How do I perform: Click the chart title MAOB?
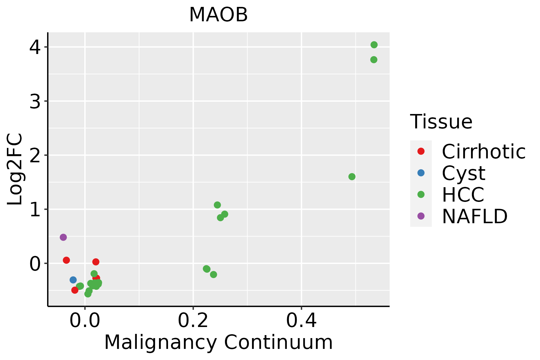click(218, 15)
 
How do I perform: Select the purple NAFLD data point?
click(63, 237)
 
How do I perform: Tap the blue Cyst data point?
click(73, 280)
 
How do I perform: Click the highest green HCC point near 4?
click(374, 45)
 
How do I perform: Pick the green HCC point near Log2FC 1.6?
click(352, 177)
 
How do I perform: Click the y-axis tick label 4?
click(35, 47)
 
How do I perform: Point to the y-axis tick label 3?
click(35, 101)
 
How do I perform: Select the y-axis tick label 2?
click(35, 155)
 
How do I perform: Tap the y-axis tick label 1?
click(35, 209)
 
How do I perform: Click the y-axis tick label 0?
click(35, 264)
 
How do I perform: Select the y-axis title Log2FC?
click(15, 169)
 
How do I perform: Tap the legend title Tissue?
click(441, 122)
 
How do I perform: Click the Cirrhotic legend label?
click(484, 151)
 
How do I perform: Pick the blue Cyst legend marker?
click(421, 173)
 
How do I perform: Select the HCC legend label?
click(463, 195)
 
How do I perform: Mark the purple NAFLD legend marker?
click(421, 216)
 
